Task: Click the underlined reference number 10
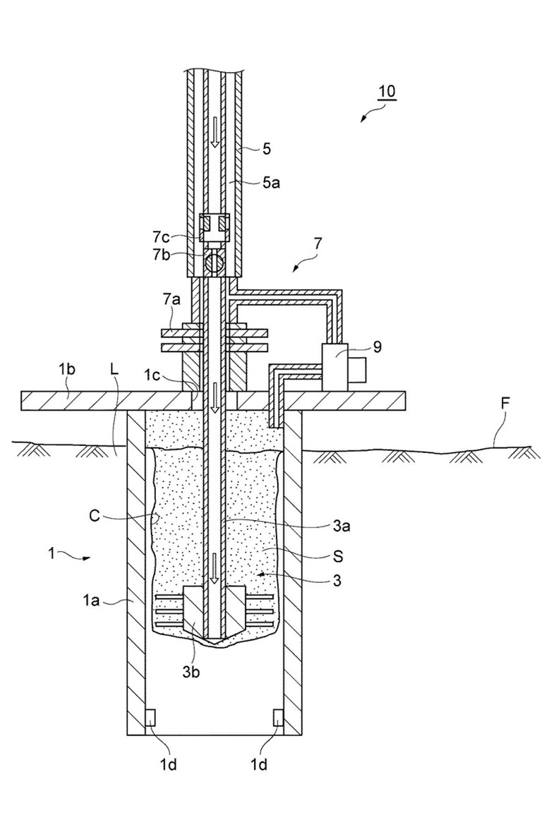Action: point(387,92)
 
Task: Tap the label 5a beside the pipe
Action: point(271,182)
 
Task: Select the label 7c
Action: point(162,237)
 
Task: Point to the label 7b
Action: point(162,255)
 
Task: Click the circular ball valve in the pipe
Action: point(214,263)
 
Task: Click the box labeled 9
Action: point(337,367)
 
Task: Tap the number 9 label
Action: point(377,347)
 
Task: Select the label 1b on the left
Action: point(67,370)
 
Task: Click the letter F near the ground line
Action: point(506,403)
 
